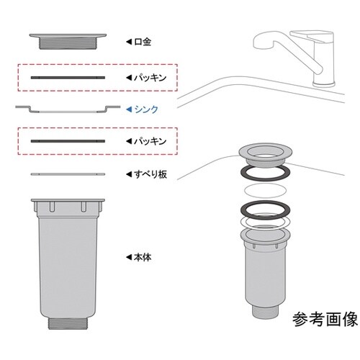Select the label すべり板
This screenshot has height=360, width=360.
[x=150, y=174]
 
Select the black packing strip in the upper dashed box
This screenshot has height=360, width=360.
[x=69, y=76]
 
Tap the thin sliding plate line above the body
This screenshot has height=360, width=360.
[x=69, y=174]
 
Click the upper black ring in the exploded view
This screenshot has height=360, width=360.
[x=265, y=174]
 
